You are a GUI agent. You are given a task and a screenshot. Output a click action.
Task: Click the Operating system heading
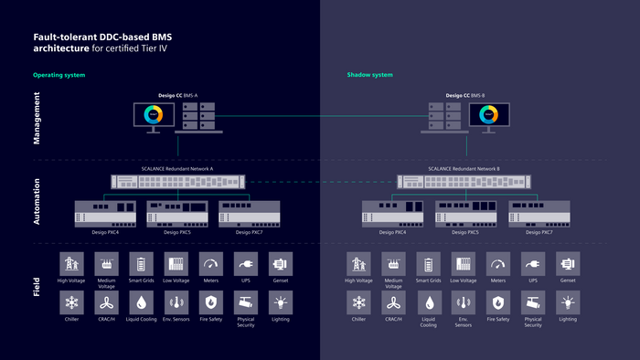pyautogui.click(x=59, y=75)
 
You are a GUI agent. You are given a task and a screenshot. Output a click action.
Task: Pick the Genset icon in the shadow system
pyautogui.click(x=568, y=264)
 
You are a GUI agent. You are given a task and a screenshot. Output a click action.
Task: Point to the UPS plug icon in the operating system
pyautogui.click(x=245, y=264)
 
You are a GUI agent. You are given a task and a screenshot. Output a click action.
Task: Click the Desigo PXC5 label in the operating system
pyautogui.click(x=177, y=233)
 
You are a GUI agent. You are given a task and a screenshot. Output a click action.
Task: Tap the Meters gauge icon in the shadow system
pyautogui.click(x=497, y=264)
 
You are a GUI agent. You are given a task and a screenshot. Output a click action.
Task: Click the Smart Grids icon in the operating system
pyautogui.click(x=142, y=264)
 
